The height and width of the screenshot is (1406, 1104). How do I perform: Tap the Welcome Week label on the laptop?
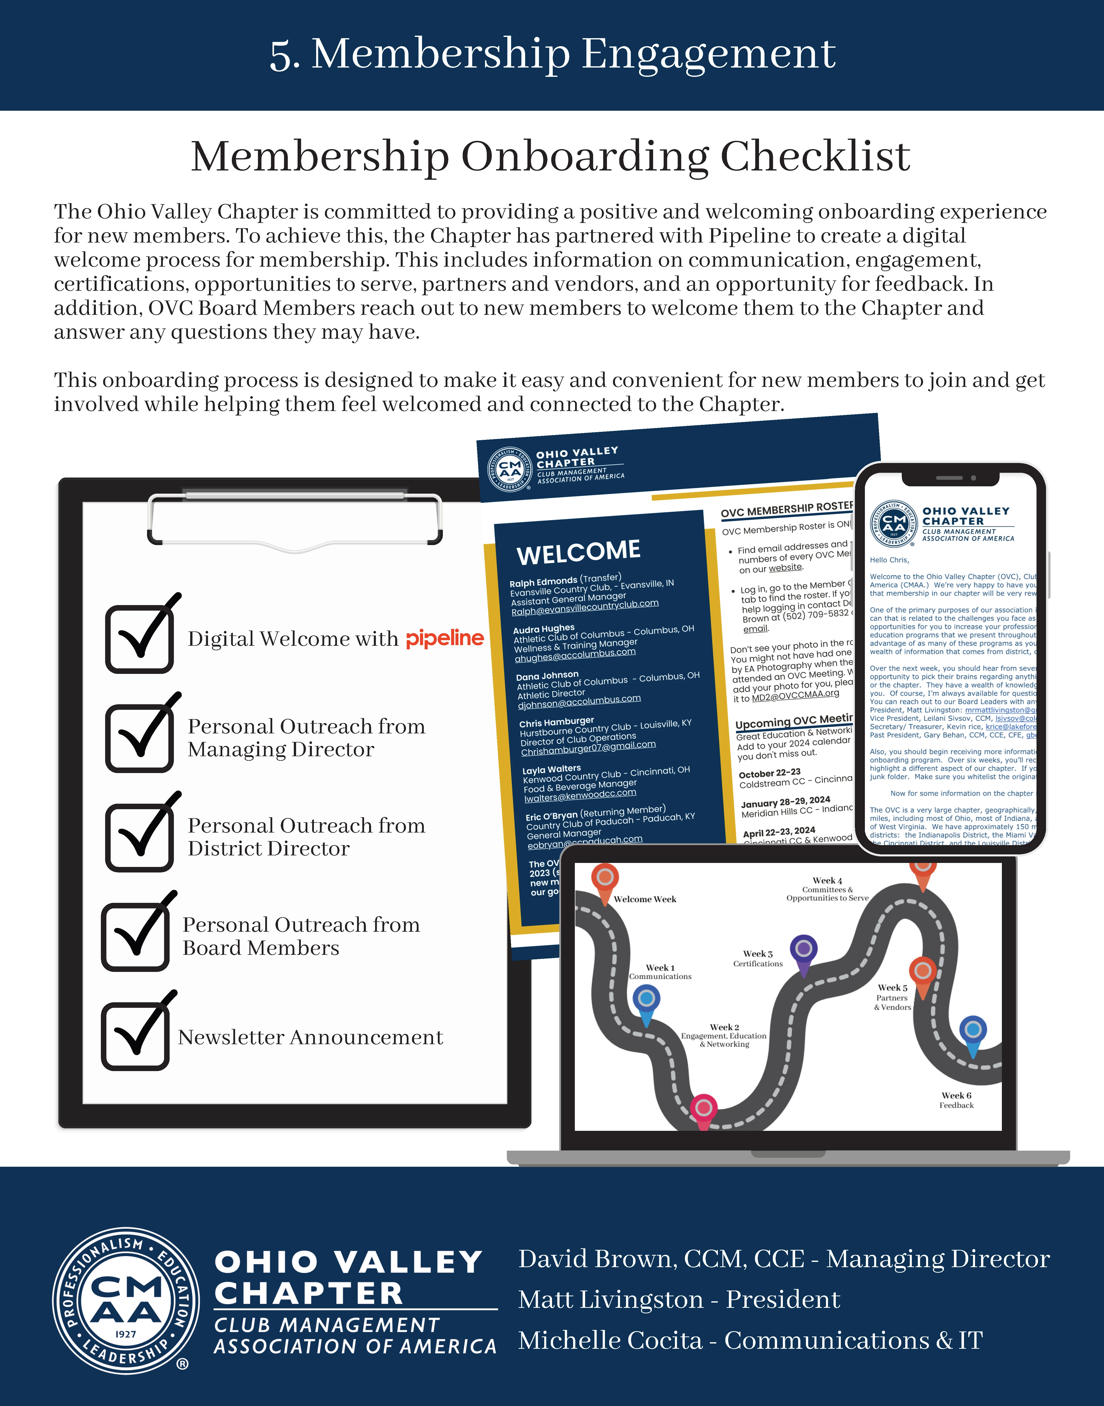(x=644, y=899)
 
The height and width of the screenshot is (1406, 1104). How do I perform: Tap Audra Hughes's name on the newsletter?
(x=544, y=629)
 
